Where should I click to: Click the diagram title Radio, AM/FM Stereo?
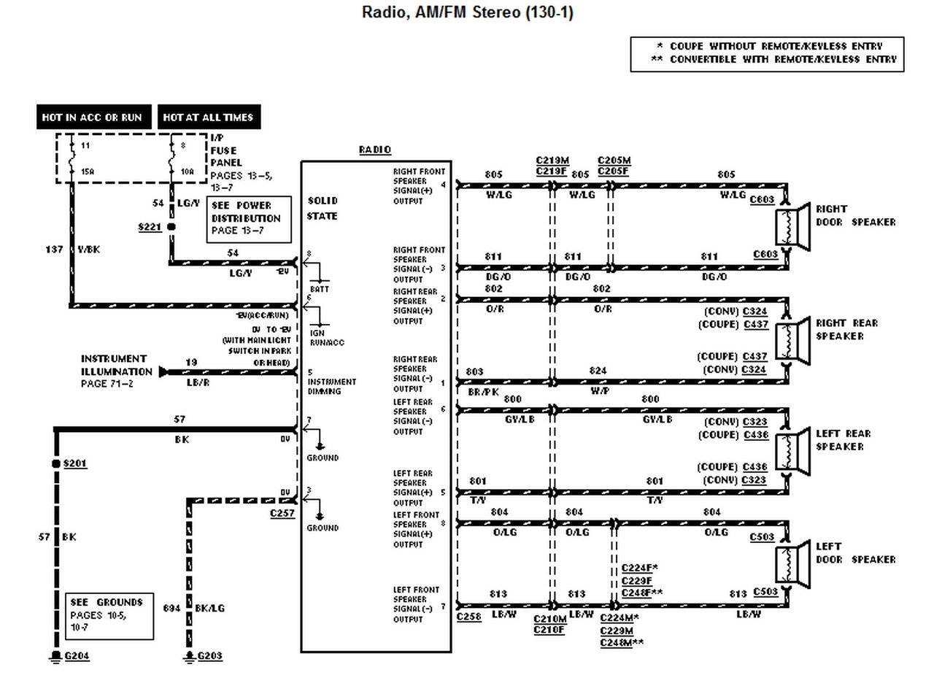[467, 13]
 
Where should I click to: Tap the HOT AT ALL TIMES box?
[208, 117]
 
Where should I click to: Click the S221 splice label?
[150, 228]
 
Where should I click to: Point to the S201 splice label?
[75, 464]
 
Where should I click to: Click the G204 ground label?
[77, 656]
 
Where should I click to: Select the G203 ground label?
[209, 656]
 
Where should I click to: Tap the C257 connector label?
[282, 514]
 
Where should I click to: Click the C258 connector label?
[468, 617]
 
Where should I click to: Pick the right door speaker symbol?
[792, 227]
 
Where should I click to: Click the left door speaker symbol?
[792, 564]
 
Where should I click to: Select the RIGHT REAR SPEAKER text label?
[846, 330]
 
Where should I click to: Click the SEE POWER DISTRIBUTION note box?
[249, 218]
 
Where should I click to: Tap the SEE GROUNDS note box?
[109, 615]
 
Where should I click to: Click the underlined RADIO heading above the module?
[375, 150]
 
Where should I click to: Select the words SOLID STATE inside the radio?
[323, 208]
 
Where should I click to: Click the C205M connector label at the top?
[614, 161]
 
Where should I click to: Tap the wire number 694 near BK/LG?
[171, 607]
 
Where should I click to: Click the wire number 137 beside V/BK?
[55, 250]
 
